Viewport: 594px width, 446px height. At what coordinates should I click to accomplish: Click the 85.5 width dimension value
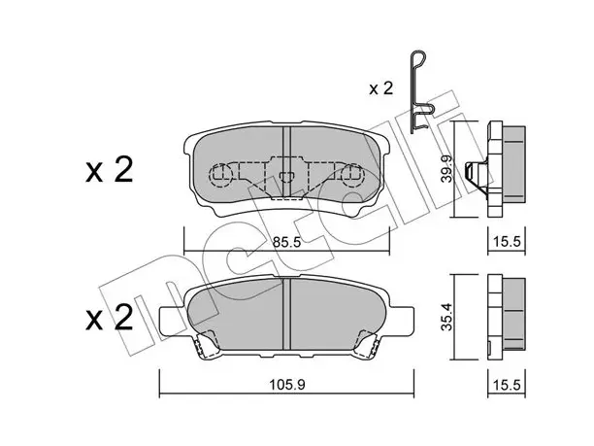(x=286, y=242)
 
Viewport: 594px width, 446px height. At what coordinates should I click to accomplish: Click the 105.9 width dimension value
(x=286, y=385)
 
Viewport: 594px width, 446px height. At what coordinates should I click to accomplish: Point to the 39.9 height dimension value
(x=448, y=169)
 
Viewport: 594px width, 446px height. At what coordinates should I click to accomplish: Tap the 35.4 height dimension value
(x=448, y=317)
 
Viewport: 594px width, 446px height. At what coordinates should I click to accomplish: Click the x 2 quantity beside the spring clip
(x=381, y=88)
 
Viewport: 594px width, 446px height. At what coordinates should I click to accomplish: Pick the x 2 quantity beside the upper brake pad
(x=110, y=170)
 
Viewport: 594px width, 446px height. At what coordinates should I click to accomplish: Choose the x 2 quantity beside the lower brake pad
(x=110, y=317)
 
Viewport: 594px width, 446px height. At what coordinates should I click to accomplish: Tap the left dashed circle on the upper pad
(x=220, y=175)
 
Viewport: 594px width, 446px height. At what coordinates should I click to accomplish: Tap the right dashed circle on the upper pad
(x=352, y=175)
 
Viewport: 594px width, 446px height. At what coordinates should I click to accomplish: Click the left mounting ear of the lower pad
(x=173, y=321)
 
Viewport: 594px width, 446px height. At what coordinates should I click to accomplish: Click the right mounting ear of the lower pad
(x=401, y=321)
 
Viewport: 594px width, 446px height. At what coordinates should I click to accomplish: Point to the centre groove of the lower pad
(x=286, y=314)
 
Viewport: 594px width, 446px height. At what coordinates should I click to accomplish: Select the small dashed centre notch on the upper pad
(x=286, y=177)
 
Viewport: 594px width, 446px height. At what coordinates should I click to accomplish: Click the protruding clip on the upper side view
(x=477, y=174)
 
